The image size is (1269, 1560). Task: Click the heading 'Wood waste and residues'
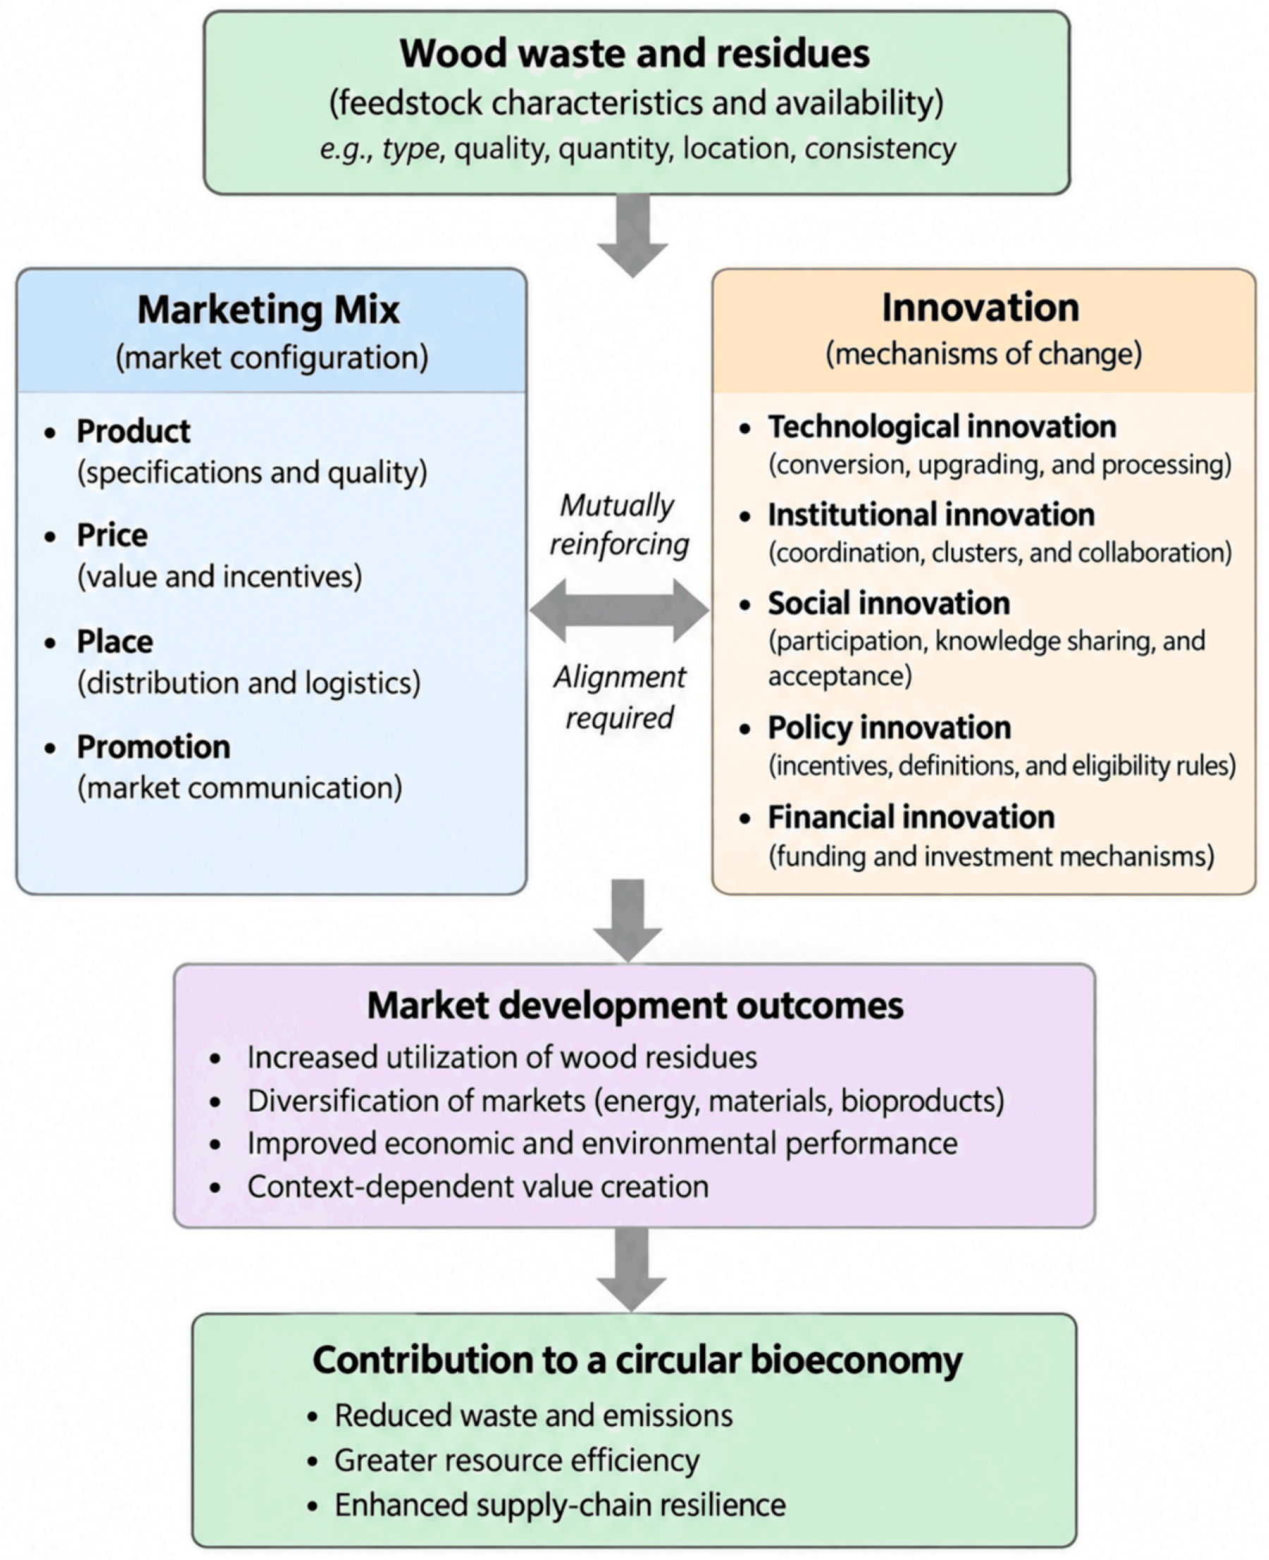coord(634,54)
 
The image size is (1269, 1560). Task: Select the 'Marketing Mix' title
coord(269,310)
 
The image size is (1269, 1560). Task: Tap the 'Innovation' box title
coord(980,307)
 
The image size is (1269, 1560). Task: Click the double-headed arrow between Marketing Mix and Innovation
coord(619,610)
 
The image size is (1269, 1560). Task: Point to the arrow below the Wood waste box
coord(632,235)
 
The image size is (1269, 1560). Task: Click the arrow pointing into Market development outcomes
coord(628,920)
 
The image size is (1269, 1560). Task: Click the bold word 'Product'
coord(133,431)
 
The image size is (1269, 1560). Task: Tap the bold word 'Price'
coord(112,535)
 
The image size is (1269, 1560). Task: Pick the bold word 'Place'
coord(115,641)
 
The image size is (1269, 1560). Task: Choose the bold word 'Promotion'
coord(154,747)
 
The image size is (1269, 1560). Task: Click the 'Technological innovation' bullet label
coord(941,427)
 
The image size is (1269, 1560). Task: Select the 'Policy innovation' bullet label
coord(889,728)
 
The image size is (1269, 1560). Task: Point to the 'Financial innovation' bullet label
coord(911,817)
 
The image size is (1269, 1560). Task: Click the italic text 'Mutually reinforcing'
coord(618,525)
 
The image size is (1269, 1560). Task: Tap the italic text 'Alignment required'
coord(619,697)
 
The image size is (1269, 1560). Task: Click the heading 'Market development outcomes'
coord(635,1005)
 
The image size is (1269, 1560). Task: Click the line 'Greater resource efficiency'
coord(517,1461)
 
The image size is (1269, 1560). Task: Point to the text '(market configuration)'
coord(272,358)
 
